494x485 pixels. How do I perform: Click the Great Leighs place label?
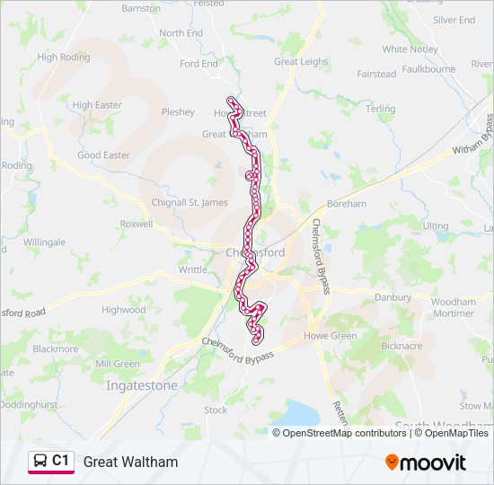(301, 62)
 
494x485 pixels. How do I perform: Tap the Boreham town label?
(347, 204)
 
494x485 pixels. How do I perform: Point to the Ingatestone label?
(142, 385)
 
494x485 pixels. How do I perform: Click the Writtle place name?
(192, 269)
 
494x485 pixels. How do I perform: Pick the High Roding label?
(64, 57)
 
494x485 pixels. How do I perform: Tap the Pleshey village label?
(178, 112)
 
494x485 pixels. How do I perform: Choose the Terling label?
(381, 109)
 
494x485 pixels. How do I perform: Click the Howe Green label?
(331, 336)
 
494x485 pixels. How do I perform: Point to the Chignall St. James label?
(190, 202)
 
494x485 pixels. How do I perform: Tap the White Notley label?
(410, 49)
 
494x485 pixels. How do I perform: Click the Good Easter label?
(103, 155)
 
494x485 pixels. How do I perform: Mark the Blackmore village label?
(55, 348)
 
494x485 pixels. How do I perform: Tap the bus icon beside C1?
(40, 462)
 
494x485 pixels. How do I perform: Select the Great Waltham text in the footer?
(130, 463)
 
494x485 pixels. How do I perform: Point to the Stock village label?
(216, 410)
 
